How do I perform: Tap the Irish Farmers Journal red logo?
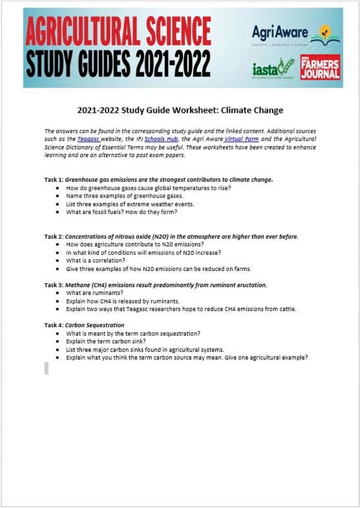pos(320,68)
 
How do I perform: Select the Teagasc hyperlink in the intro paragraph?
pos(87,139)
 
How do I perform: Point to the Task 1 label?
pos(54,180)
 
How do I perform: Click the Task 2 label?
pos(54,236)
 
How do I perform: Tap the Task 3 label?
pos(54,285)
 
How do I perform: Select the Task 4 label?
pos(54,325)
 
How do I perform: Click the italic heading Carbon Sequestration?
pos(95,325)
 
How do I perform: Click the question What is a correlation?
pos(96,261)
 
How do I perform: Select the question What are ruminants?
pos(95,293)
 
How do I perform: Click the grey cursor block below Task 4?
pos(46,368)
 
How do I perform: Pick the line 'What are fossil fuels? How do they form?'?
pos(122,212)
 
